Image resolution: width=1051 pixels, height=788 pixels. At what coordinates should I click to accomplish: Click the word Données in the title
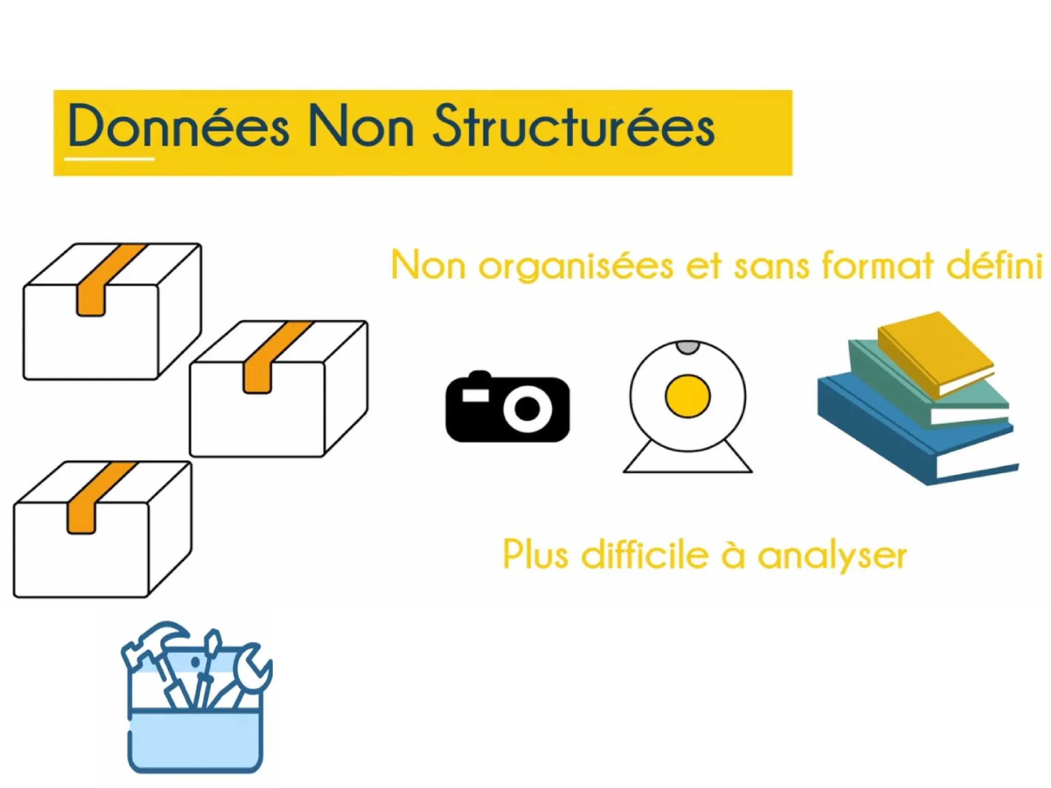178,126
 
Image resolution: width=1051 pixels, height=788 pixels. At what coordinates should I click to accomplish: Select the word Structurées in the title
573,126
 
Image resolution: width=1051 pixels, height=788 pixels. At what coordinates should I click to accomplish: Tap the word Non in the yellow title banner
360,126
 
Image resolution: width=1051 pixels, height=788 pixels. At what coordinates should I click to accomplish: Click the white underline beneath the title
109,159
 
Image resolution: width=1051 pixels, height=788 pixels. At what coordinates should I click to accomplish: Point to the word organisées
576,267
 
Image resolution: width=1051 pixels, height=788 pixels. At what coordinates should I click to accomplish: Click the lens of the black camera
527,409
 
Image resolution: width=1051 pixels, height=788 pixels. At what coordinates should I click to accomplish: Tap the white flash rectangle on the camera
476,395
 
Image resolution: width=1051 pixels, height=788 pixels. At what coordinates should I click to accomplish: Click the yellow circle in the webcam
688,396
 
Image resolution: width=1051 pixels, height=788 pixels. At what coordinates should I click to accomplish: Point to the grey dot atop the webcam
688,347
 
